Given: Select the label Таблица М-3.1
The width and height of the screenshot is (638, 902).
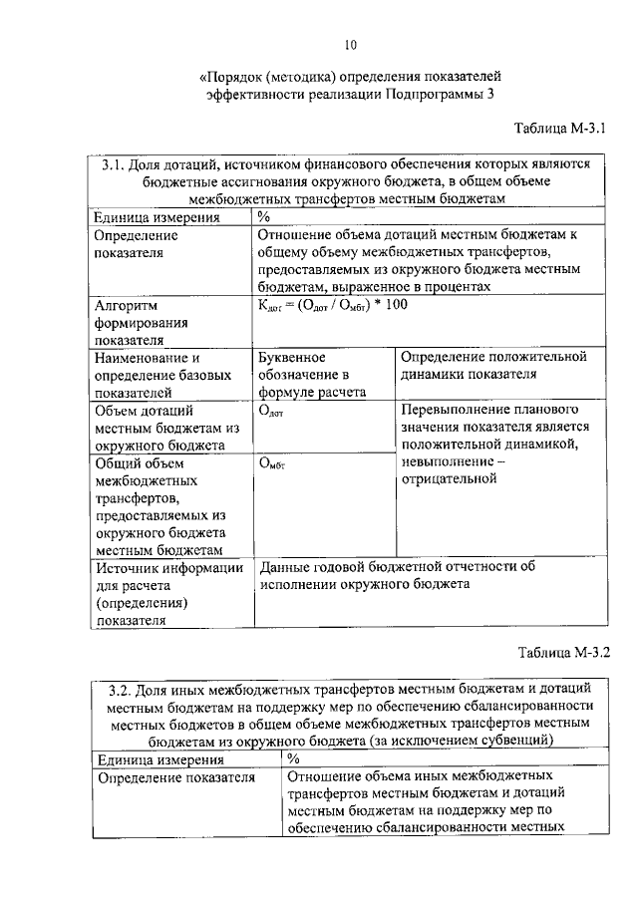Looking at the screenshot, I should pyautogui.click(x=560, y=129).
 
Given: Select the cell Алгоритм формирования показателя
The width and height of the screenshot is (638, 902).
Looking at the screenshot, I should pyautogui.click(x=144, y=322).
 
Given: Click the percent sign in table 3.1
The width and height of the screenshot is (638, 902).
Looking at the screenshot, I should pyautogui.click(x=263, y=217).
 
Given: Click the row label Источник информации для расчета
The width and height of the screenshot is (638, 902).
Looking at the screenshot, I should pyautogui.click(x=168, y=593).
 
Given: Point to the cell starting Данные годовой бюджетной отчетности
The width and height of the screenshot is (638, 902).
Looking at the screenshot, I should pyautogui.click(x=398, y=575).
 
